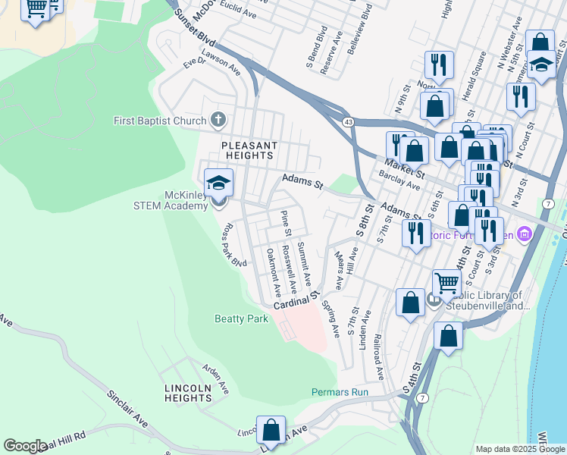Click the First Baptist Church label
(159, 121)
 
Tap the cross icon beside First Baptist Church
(218, 120)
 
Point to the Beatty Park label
(241, 319)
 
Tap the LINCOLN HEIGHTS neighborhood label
(188, 392)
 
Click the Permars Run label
(340, 392)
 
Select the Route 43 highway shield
(348, 121)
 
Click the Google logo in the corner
(24, 446)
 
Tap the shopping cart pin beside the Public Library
(447, 284)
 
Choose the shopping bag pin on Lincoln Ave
(271, 430)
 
